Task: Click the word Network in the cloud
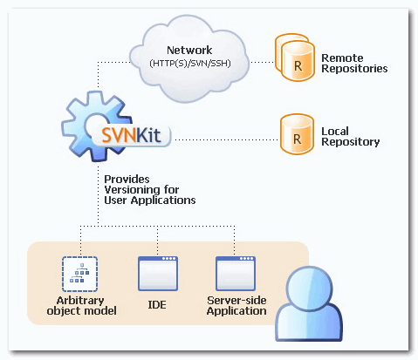tap(189, 51)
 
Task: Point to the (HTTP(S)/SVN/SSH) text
tap(190, 63)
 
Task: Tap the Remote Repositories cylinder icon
tap(295, 58)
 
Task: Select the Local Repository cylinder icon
tap(297, 134)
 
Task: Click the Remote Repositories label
tap(354, 64)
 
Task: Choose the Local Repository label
tap(351, 137)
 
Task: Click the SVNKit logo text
tap(131, 135)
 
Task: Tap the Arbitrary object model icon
tap(79, 274)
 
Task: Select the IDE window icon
tap(158, 274)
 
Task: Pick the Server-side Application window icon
tap(236, 274)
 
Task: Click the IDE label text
tap(157, 305)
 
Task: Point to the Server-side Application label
tap(236, 306)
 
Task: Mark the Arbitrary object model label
tap(81, 306)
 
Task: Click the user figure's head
tap(309, 286)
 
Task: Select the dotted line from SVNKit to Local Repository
tap(227, 139)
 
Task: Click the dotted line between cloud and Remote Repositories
tap(262, 62)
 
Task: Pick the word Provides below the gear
tap(127, 180)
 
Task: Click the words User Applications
tap(150, 200)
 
